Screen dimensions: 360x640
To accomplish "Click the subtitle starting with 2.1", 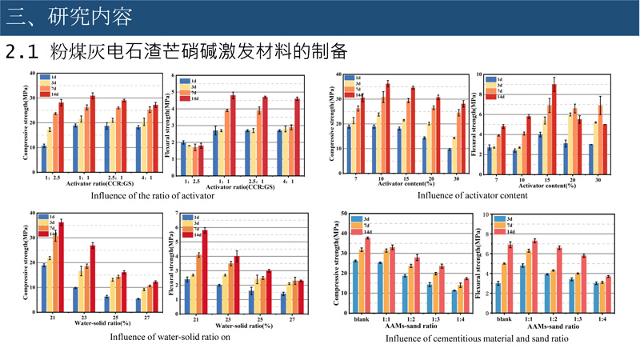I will tap(176, 52).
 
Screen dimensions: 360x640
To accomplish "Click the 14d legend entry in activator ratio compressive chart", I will tap(56, 94).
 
